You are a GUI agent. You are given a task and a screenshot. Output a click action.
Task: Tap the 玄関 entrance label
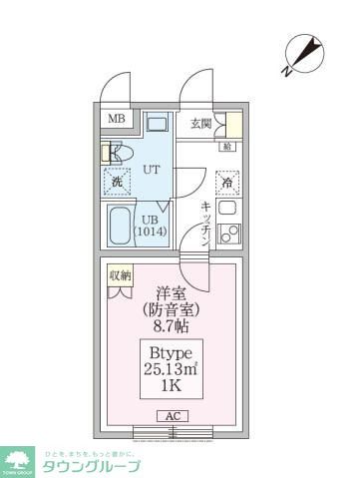[200, 124]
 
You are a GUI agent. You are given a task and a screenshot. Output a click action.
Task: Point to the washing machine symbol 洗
[117, 182]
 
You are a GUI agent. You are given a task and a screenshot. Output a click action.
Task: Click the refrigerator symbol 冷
[226, 184]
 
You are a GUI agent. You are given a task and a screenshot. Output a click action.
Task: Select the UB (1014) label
[151, 226]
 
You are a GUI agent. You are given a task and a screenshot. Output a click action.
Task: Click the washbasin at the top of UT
[157, 126]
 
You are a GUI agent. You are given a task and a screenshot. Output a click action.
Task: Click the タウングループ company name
[89, 466]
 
